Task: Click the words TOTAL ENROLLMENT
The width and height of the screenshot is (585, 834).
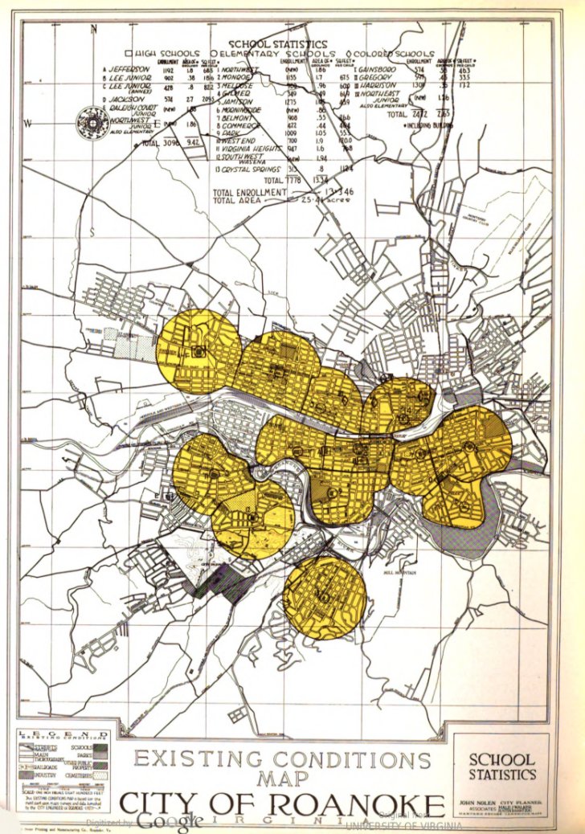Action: [x=249, y=193]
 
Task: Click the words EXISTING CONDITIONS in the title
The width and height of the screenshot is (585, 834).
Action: [x=281, y=758]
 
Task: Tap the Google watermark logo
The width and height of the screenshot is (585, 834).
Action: [x=169, y=821]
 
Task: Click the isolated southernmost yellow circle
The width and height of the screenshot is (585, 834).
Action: [x=325, y=597]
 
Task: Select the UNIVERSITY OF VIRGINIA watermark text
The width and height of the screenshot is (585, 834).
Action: [x=404, y=825]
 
